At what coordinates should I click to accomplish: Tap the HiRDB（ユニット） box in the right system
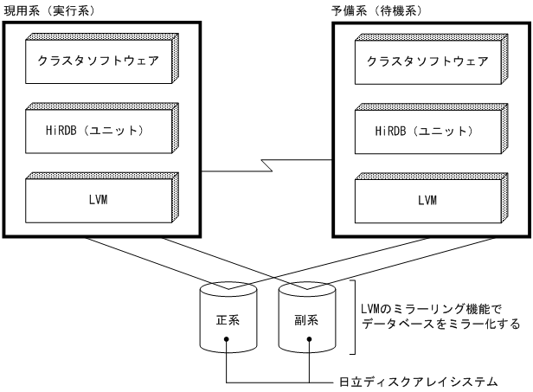427,130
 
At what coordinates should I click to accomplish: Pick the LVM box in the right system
427,199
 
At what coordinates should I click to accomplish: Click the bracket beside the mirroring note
355,316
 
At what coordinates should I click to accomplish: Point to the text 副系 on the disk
307,318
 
